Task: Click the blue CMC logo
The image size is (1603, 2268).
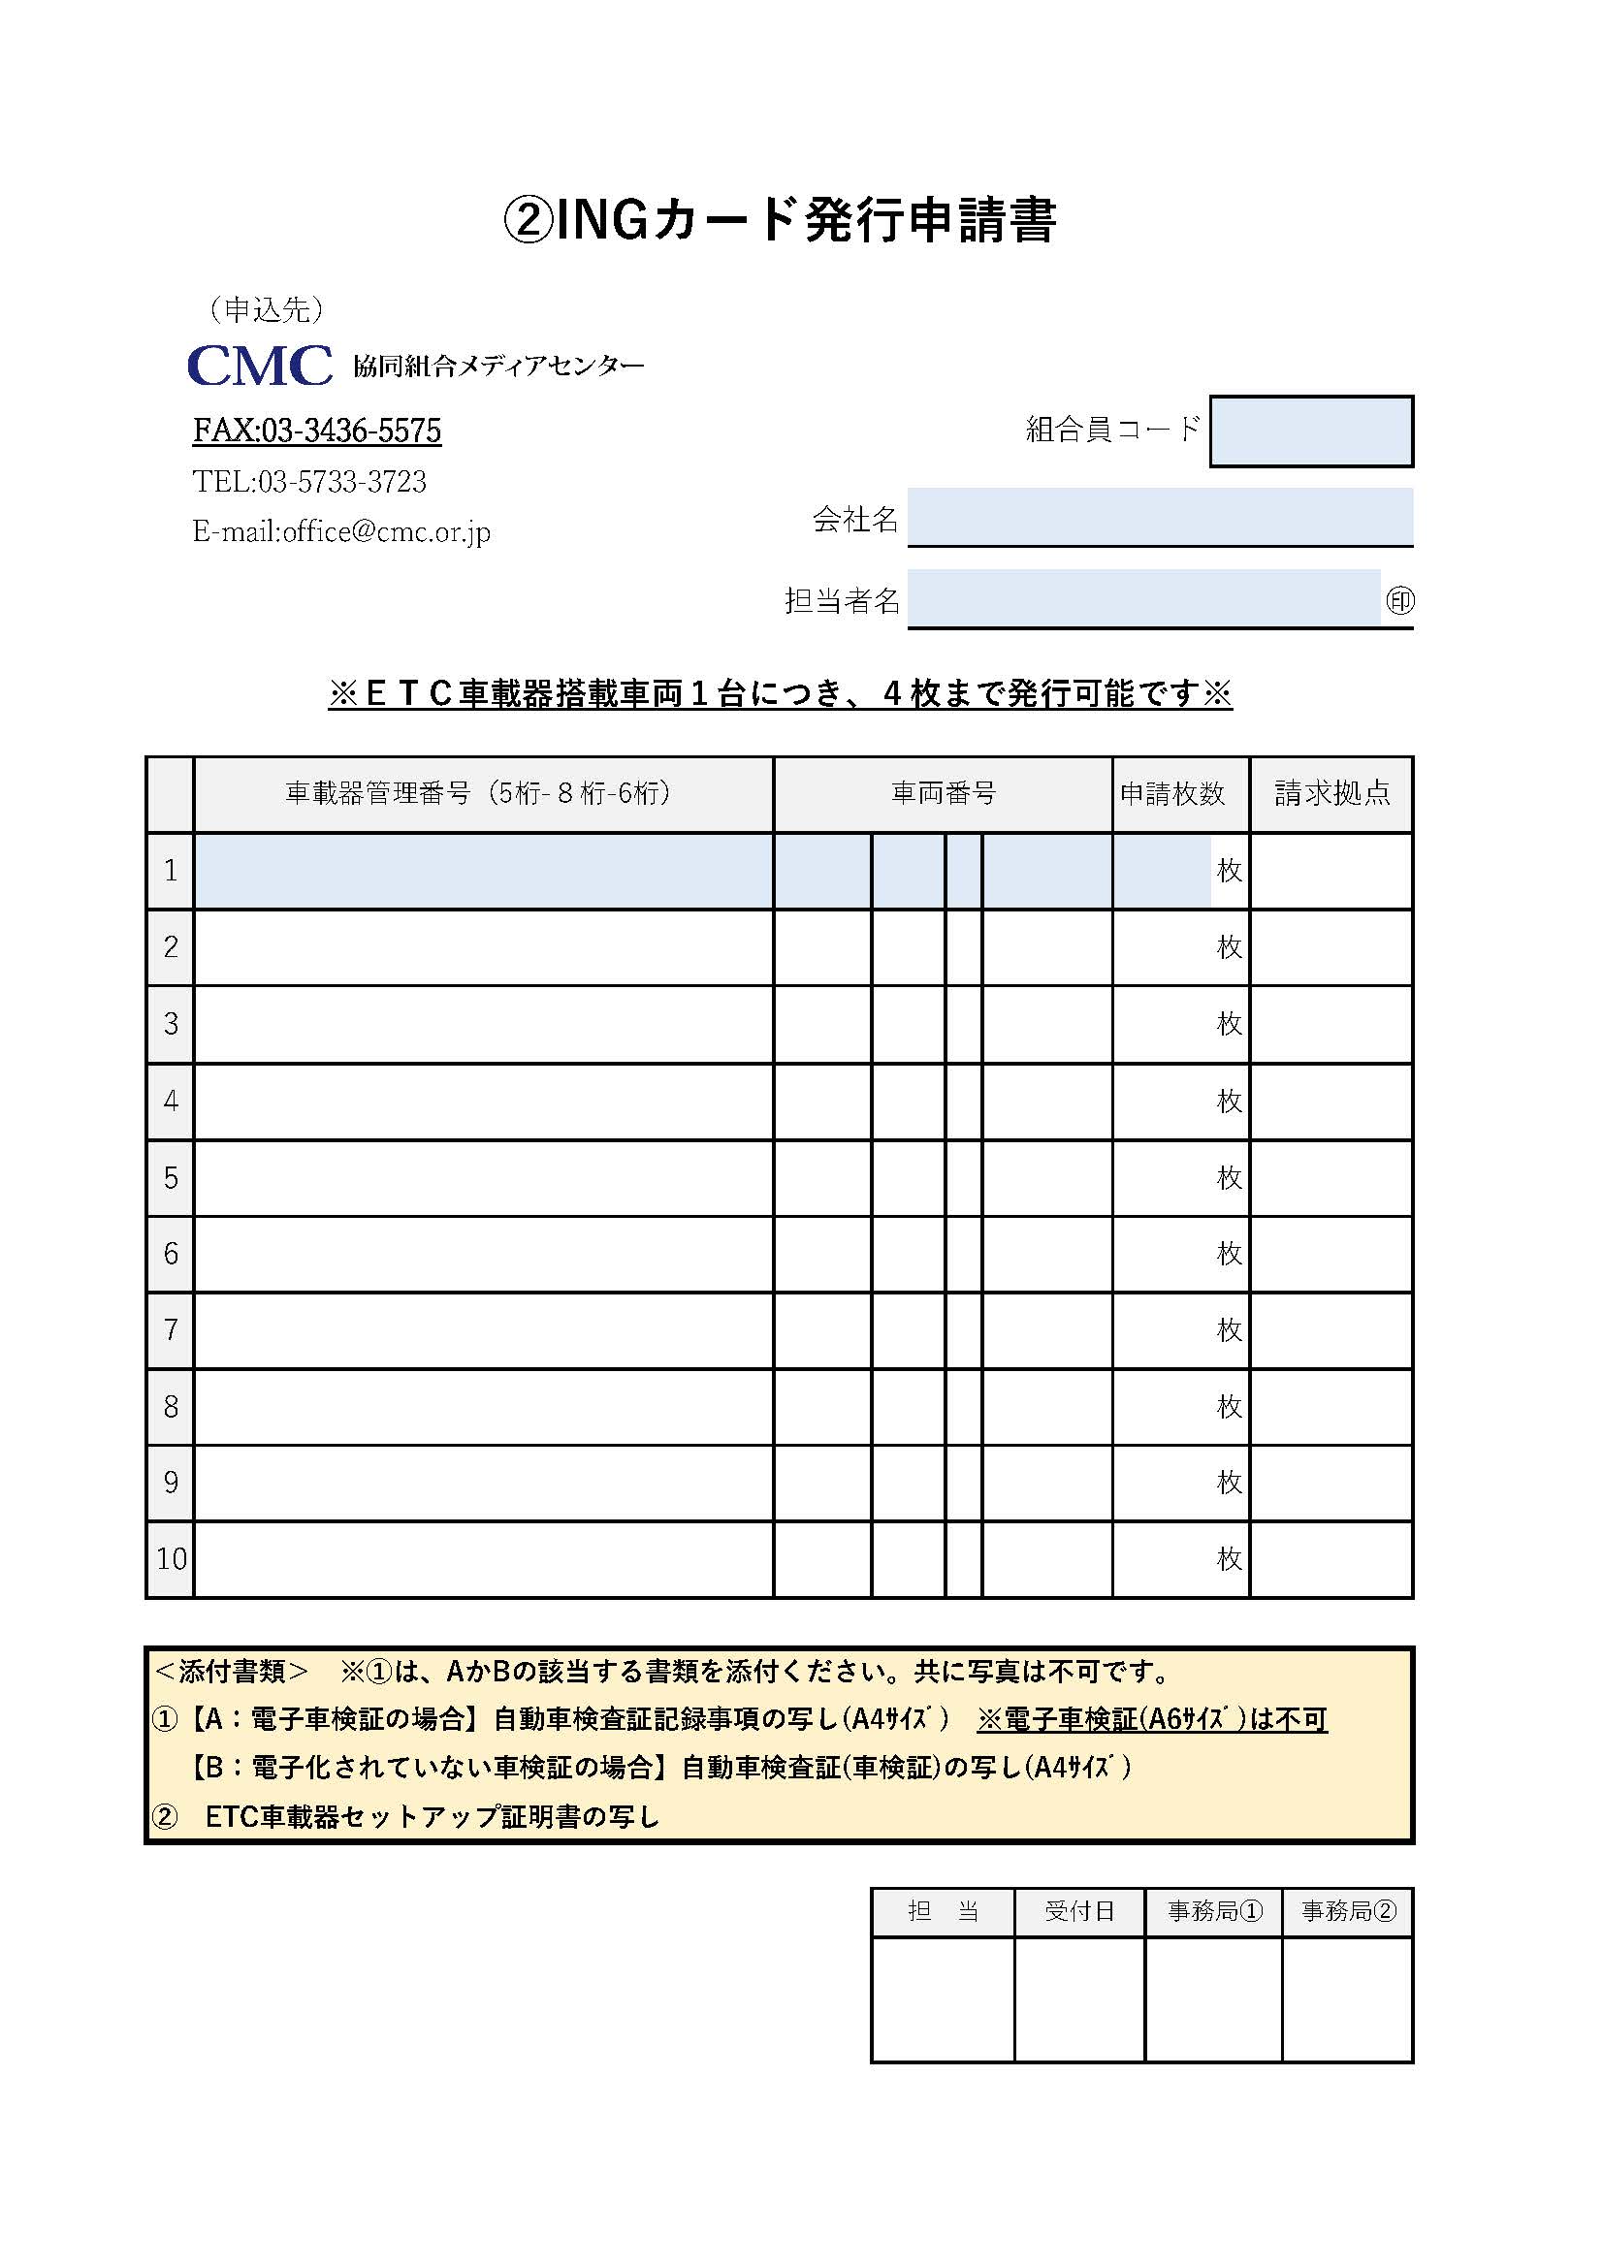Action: [260, 366]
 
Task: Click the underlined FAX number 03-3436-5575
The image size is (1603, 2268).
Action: [316, 431]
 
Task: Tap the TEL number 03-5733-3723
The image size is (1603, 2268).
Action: [309, 482]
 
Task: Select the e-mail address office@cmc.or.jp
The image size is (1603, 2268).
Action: [340, 532]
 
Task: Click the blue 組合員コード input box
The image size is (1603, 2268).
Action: [1311, 431]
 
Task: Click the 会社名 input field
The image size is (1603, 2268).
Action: [1160, 516]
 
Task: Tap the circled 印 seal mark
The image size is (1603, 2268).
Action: [1399, 600]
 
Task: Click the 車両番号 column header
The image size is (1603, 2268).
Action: [943, 793]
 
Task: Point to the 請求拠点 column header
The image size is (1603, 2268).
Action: [1331, 793]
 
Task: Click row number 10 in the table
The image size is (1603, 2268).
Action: [171, 1559]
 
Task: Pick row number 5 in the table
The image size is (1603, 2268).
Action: [171, 1177]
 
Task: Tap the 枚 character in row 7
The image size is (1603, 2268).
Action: [1229, 1329]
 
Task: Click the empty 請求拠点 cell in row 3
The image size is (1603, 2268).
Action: [1331, 1023]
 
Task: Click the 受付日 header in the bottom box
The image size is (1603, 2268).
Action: [1078, 1910]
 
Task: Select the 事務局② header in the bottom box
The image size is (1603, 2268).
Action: [1348, 1910]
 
